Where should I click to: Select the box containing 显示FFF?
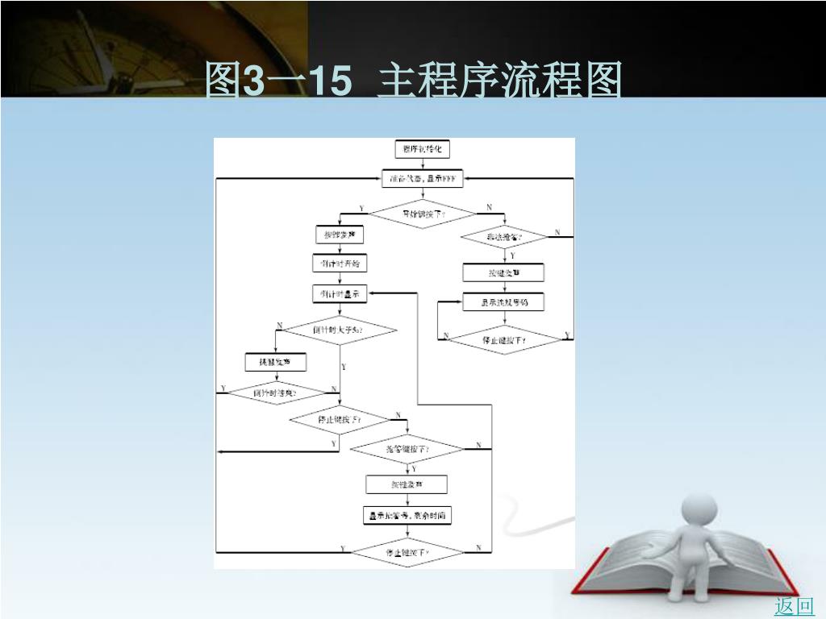[422, 179]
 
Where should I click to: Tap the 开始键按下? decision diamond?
[422, 214]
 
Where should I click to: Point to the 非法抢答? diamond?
[503, 237]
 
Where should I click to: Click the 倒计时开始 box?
[339, 263]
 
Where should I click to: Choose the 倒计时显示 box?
[339, 294]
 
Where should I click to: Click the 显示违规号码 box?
[503, 303]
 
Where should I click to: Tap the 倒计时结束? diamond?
[275, 393]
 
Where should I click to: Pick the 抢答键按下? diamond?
[407, 448]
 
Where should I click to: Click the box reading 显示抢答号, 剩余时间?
[407, 516]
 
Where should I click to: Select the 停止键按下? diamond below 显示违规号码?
[504, 340]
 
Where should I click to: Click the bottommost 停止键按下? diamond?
[407, 553]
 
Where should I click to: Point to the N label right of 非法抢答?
[557, 233]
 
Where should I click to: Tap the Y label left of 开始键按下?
[361, 209]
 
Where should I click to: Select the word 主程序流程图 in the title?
[500, 81]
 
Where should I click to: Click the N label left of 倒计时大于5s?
[280, 326]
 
